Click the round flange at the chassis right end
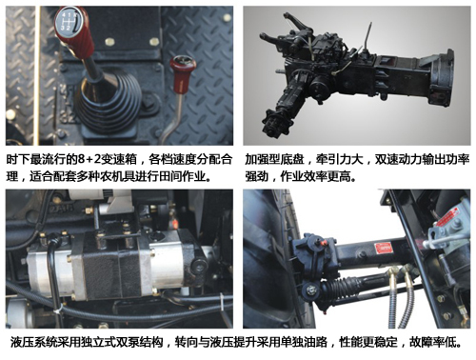(442, 77)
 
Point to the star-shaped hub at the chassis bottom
(272, 123)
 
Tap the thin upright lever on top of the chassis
(368, 36)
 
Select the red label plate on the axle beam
(383, 249)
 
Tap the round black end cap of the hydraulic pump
(199, 266)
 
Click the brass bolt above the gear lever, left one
(109, 41)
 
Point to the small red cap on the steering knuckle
(324, 244)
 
